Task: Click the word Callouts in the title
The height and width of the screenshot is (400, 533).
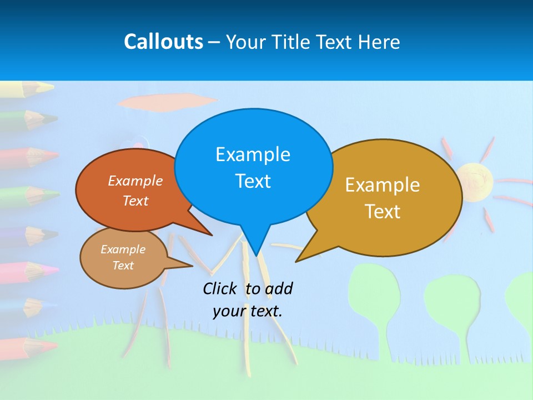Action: point(163,42)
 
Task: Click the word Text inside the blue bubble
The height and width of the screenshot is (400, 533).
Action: point(253,181)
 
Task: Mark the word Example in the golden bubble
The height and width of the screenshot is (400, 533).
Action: point(383,185)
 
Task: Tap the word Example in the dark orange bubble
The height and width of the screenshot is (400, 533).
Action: point(135,181)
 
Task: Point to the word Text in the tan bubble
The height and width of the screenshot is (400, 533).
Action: point(123,266)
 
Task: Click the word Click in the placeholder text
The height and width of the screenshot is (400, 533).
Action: point(220,288)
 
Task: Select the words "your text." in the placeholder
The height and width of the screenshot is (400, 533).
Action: point(248,311)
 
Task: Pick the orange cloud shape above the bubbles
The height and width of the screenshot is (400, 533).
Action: point(167,102)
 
